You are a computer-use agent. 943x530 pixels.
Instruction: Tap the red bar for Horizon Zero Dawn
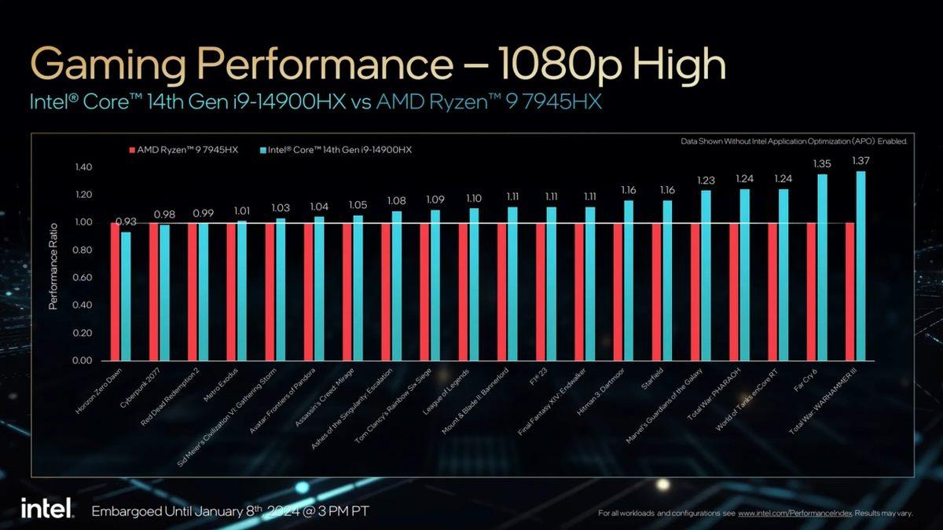point(115,291)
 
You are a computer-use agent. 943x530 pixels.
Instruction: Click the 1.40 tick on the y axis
point(83,167)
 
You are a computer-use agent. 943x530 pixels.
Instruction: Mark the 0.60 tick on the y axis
point(83,278)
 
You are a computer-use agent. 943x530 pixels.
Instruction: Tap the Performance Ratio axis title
point(53,264)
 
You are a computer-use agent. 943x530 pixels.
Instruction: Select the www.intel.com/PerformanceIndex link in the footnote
point(791,514)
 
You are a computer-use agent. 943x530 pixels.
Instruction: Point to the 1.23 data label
point(706,179)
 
